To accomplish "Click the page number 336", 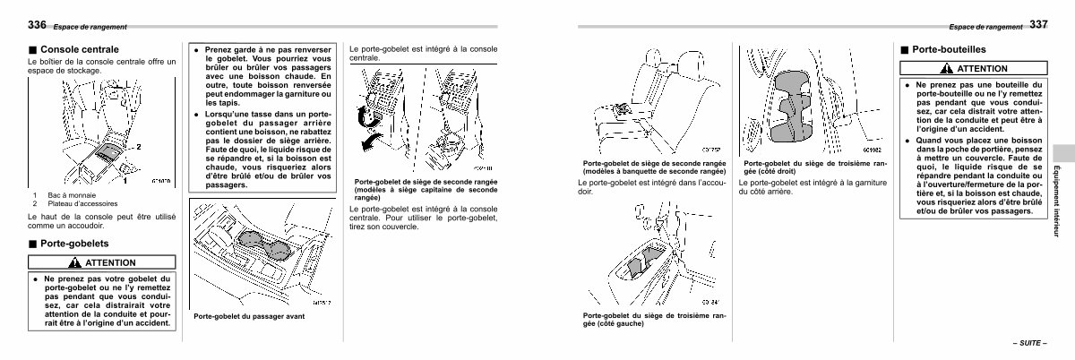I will (x=37, y=23).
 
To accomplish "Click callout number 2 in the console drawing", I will (x=138, y=145).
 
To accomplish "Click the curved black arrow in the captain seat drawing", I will (x=364, y=117).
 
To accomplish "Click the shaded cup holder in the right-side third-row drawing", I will (x=792, y=105).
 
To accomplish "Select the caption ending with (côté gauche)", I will (x=654, y=320).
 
